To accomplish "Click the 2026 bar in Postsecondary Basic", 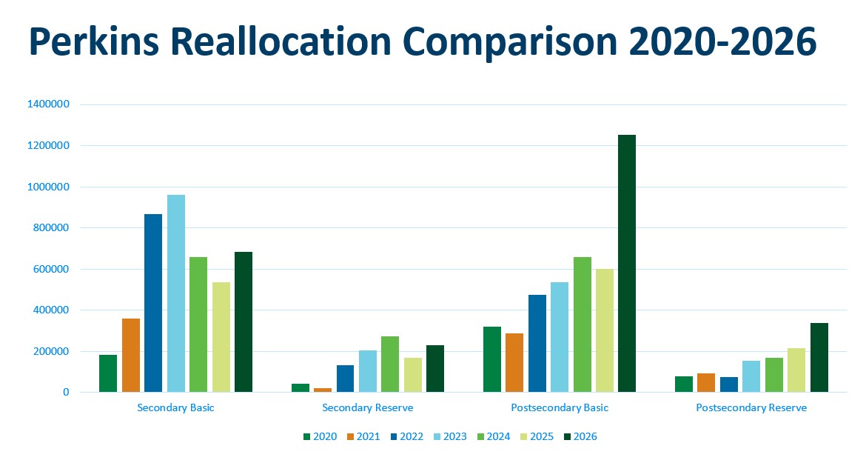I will pyautogui.click(x=626, y=263).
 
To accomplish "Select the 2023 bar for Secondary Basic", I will pyautogui.click(x=176, y=293).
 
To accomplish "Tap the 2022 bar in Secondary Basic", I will pyautogui.click(x=153, y=303).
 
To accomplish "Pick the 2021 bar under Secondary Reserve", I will pyautogui.click(x=323, y=389).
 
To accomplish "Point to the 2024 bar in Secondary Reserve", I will pyautogui.click(x=390, y=364).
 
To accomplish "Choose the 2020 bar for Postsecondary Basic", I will pyautogui.click(x=492, y=359).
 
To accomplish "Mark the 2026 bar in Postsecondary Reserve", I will pyautogui.click(x=819, y=357).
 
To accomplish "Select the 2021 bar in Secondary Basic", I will pyautogui.click(x=131, y=355).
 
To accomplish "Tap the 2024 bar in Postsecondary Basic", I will pyautogui.click(x=583, y=324).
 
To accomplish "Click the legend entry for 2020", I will pyautogui.click(x=319, y=436).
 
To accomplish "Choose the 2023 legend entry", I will pyautogui.click(x=449, y=436).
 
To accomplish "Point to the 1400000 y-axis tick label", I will pyautogui.click(x=48, y=104).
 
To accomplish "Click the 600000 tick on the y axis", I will pyautogui.click(x=51, y=269).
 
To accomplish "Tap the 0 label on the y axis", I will pyautogui.click(x=65, y=392).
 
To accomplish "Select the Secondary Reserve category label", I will pyautogui.click(x=368, y=407).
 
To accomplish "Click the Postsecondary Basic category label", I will pyautogui.click(x=560, y=407).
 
